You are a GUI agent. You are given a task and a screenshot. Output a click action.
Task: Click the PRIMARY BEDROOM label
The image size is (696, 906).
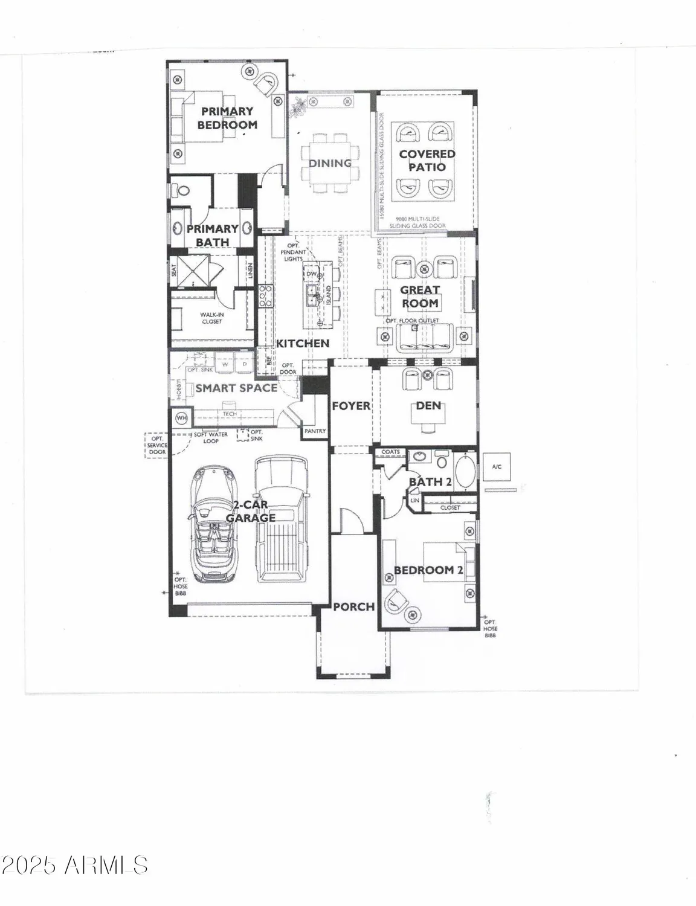pos(227,118)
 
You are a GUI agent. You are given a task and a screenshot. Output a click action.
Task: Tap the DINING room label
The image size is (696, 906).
pos(330,163)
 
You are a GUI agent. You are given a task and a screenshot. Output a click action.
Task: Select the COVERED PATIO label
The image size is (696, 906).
pos(427,161)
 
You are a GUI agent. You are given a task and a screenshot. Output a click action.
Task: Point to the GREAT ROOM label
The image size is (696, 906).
pos(420,297)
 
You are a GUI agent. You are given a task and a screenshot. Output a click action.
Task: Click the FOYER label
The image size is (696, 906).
pos(351,406)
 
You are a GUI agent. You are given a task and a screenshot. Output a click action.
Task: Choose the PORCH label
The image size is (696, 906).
pos(354,606)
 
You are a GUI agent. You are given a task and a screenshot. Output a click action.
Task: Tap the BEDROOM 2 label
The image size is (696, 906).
pos(428,570)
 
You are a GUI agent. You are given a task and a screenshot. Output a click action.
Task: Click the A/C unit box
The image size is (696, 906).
pos(496,467)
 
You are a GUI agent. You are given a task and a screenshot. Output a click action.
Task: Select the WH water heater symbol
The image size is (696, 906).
pos(181,418)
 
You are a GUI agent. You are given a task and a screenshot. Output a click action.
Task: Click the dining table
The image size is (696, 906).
pos(330,163)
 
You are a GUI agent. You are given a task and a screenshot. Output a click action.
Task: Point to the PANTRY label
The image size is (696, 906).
pos(315,431)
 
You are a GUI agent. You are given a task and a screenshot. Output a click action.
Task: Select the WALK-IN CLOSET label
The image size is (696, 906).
pos(211,318)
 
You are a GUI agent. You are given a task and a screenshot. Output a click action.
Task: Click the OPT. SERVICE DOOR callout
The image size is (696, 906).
pos(157,446)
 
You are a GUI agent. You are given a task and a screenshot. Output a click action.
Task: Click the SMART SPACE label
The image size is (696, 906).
pos(236,388)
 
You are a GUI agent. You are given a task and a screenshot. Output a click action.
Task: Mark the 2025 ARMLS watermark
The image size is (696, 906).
pos(74,865)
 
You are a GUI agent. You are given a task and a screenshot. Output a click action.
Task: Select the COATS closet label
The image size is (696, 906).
pos(390,452)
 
